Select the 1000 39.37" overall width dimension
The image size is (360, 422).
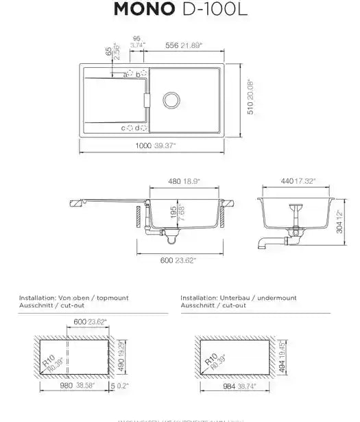click(x=156, y=146)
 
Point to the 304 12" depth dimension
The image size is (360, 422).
click(x=341, y=222)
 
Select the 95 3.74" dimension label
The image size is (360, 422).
click(x=136, y=42)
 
